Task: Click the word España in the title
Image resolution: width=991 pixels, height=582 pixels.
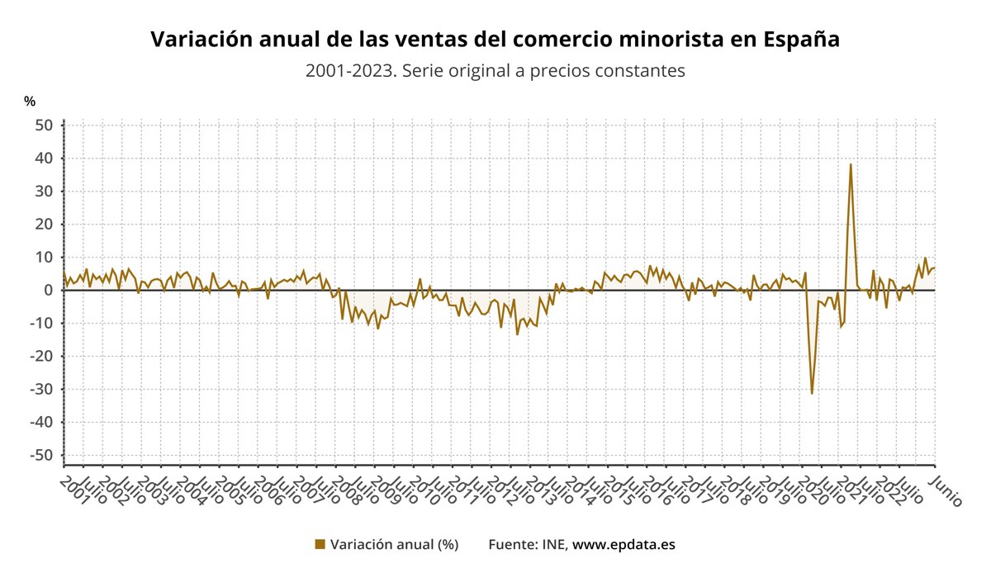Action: [801, 40]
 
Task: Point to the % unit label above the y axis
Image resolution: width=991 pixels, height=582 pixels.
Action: [30, 102]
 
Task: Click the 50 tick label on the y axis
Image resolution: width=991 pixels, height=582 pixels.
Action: [44, 125]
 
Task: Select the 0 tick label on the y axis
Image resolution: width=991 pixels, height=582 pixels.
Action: [49, 290]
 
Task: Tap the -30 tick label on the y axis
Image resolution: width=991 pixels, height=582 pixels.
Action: [41, 389]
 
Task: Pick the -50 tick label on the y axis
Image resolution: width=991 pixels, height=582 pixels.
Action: [41, 455]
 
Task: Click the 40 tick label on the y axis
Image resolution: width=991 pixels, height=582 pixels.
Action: [44, 158]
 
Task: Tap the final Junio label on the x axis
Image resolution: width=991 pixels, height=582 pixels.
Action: [946, 490]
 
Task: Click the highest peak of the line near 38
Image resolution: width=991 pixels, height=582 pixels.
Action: [851, 164]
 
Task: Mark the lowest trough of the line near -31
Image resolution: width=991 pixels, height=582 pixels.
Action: [812, 393]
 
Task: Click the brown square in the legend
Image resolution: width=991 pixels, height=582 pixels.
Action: [320, 544]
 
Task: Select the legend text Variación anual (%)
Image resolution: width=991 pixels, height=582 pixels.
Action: [394, 544]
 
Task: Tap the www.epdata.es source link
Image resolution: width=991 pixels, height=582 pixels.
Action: [624, 544]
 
